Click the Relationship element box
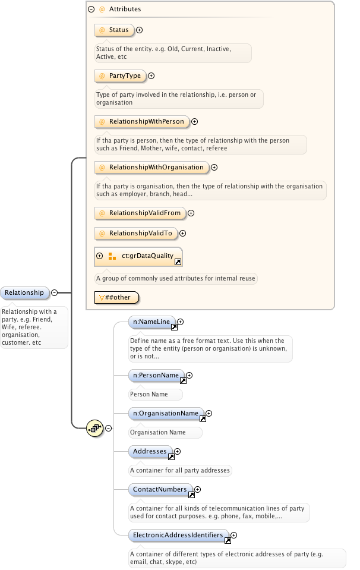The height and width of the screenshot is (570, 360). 24,292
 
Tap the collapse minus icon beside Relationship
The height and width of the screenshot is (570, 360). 55,292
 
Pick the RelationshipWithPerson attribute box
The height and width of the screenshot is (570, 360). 141,121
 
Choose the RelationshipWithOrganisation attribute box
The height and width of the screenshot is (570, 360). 151,167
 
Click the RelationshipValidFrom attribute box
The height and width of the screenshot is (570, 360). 140,213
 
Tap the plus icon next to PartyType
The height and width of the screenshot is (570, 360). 151,75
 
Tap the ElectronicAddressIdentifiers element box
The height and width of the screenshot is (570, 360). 178,535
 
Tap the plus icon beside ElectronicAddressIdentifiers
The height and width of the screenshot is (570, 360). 234,535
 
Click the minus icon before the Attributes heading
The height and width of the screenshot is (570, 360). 91,10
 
